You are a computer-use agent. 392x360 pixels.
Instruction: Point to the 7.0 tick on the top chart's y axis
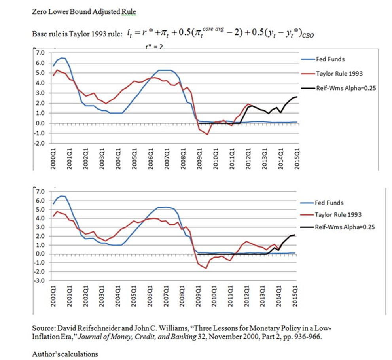pyautogui.click(x=40, y=53)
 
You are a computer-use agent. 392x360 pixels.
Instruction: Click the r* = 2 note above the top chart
pyautogui.click(x=152, y=47)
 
